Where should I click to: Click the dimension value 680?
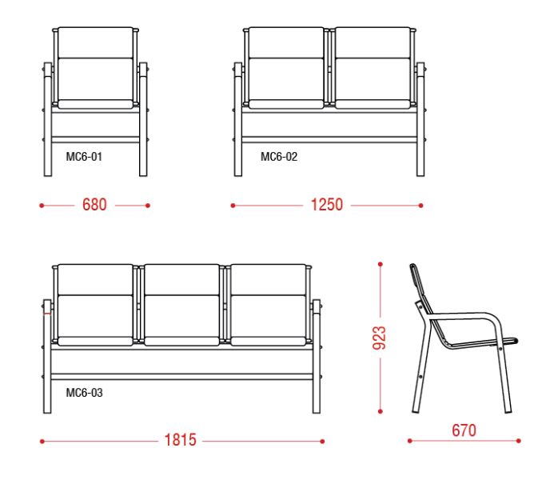(x=94, y=205)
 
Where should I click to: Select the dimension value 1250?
(x=327, y=205)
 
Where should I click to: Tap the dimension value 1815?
(x=180, y=440)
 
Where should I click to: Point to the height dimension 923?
(x=379, y=338)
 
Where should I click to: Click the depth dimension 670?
(x=464, y=430)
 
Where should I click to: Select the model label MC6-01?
(x=84, y=157)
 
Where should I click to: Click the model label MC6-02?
(x=279, y=157)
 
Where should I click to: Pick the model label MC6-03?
(x=84, y=393)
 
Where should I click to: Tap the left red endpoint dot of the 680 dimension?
(x=42, y=206)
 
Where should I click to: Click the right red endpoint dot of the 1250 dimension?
(x=421, y=206)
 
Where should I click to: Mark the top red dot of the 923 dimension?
(x=381, y=264)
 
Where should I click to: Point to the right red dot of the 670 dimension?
(x=519, y=441)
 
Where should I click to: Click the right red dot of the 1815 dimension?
(x=322, y=442)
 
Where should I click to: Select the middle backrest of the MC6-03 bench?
(x=181, y=305)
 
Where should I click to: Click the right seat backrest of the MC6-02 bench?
(x=373, y=68)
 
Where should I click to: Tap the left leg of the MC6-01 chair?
(x=48, y=119)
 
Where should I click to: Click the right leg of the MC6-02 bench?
(x=420, y=119)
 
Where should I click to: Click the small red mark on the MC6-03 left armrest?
(x=47, y=314)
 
